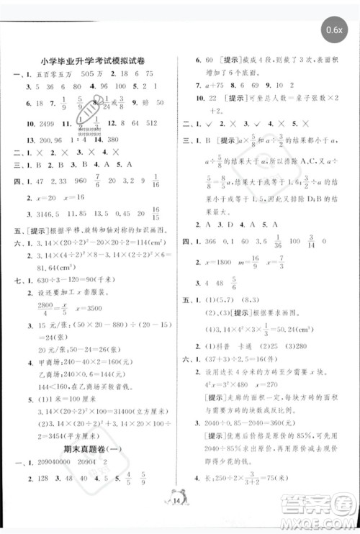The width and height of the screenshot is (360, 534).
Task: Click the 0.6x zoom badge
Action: click(334, 30)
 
